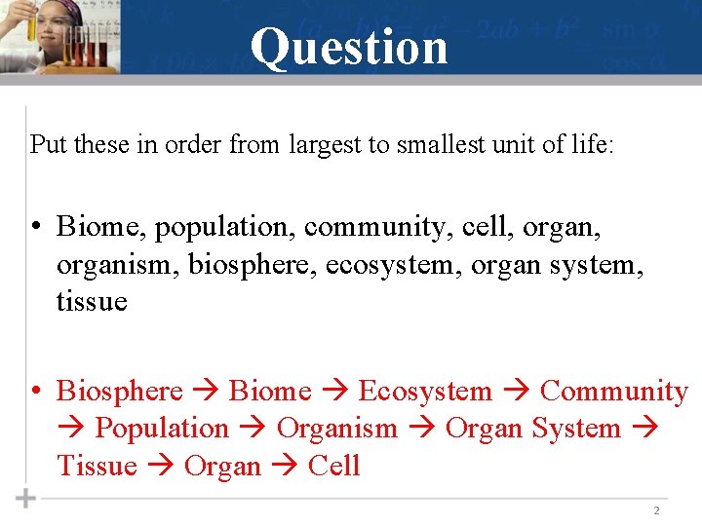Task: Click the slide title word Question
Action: pos(349,46)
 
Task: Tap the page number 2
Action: pos(656,510)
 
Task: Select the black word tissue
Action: pos(92,301)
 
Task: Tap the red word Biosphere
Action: pos(120,392)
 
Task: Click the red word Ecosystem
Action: pos(425,392)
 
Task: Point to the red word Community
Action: pos(614,392)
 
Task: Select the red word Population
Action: pos(162,429)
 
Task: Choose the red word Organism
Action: pos(337,429)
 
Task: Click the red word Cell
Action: pos(334,466)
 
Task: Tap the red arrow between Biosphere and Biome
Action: pos(206,393)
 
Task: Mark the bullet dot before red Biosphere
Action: pos(34,392)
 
